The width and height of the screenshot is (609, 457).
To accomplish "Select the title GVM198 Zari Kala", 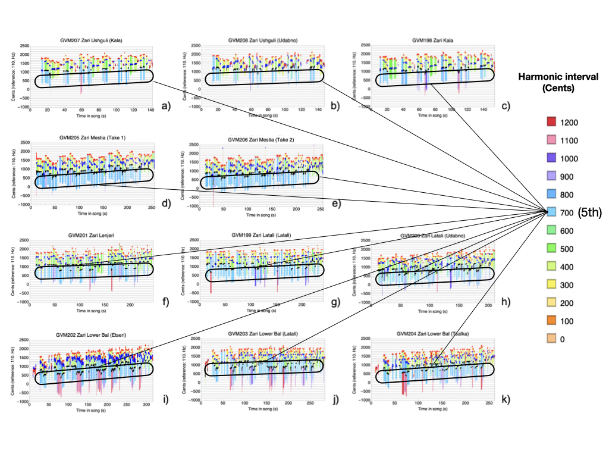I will [x=431, y=40].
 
